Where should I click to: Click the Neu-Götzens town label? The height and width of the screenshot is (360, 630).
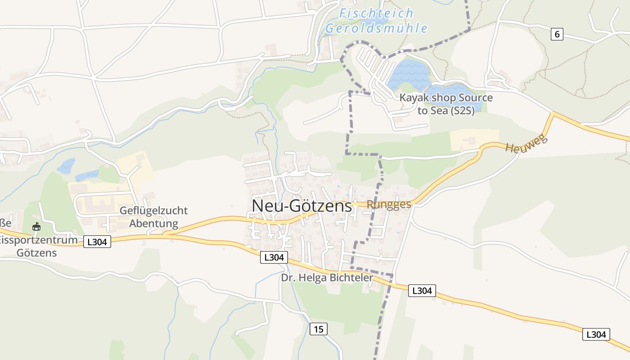[301, 206]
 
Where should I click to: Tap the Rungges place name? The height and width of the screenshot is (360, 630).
[389, 204]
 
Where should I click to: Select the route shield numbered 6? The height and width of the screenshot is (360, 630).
[557, 34]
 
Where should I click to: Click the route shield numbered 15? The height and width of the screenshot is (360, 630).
[318, 329]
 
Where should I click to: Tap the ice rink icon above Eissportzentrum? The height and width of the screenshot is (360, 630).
[36, 227]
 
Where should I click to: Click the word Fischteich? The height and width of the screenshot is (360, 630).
[376, 13]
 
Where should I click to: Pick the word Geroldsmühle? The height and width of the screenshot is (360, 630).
[376, 28]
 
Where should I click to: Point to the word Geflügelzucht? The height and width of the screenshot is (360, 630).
[153, 211]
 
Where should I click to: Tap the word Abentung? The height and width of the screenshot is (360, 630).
[153, 224]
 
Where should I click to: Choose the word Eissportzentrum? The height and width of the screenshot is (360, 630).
[39, 240]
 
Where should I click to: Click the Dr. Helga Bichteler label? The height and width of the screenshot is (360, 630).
[327, 278]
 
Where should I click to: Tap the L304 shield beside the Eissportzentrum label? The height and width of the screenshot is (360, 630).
[97, 242]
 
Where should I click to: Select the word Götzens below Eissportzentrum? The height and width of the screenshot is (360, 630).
[36, 252]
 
